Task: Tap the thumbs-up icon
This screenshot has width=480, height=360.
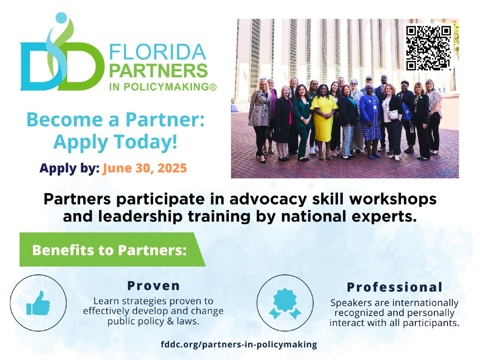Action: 38,303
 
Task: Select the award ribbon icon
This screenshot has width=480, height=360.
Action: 285,303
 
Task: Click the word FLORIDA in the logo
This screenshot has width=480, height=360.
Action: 158,52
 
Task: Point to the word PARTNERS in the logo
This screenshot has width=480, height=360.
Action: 158,71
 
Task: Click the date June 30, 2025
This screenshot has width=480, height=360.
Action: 144,168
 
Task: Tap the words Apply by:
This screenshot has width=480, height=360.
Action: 70,168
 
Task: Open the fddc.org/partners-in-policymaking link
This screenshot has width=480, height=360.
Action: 239,344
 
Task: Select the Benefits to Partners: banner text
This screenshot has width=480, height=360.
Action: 109,250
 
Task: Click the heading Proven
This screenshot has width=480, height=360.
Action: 154,286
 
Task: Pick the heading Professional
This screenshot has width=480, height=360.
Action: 394,287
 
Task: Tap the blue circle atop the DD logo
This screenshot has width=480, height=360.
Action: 61,18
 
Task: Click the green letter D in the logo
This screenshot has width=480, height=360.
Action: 81,66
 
